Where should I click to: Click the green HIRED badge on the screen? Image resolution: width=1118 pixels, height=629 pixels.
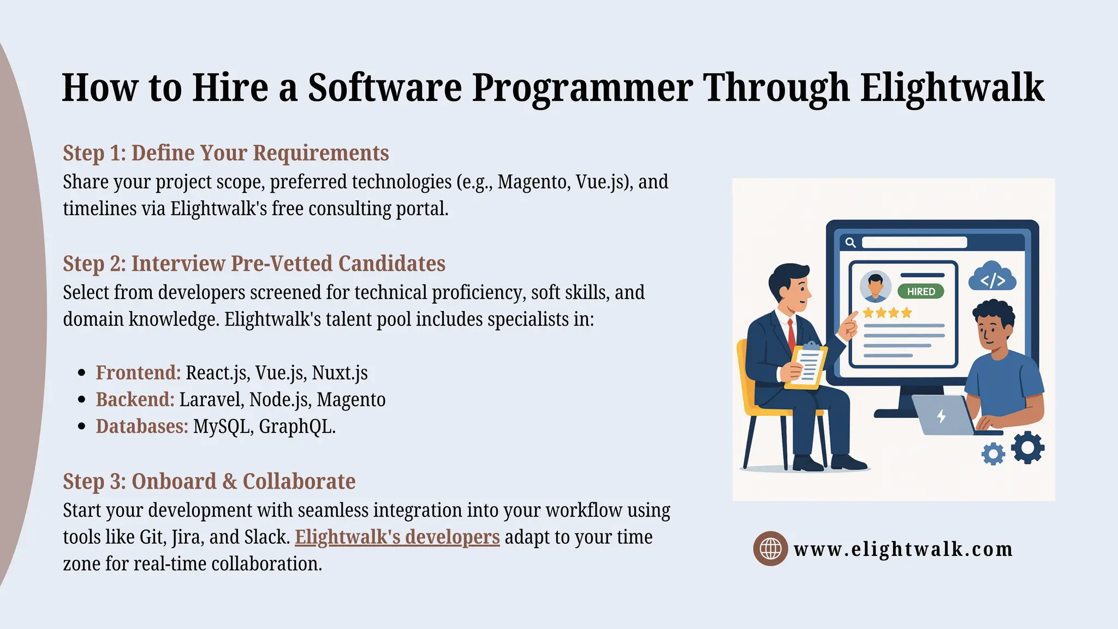920,292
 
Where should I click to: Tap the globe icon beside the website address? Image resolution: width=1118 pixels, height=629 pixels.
770,548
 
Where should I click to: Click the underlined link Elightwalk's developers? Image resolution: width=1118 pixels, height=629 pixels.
397,537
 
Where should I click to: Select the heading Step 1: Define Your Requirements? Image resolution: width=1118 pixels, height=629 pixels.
225,153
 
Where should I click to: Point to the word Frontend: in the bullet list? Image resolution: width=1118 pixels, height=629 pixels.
138,373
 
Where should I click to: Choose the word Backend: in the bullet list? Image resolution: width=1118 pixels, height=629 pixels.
135,400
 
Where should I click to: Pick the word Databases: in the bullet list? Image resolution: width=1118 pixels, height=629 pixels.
142,426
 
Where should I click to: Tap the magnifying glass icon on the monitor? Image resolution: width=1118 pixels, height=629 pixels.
850,242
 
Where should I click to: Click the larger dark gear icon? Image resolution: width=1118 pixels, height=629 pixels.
1027,448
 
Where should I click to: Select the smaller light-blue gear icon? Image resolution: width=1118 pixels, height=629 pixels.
993,454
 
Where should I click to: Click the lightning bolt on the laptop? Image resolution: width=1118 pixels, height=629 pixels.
941,417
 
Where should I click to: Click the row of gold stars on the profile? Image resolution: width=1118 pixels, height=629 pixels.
887,313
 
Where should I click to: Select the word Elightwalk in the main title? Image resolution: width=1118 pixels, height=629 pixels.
952,87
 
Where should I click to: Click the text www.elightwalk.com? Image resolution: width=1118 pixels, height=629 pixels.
903,549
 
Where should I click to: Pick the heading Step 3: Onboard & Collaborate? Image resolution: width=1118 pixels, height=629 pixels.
209,482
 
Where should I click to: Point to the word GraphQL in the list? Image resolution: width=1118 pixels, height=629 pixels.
295,426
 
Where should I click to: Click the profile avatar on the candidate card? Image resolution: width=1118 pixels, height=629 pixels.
875,286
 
